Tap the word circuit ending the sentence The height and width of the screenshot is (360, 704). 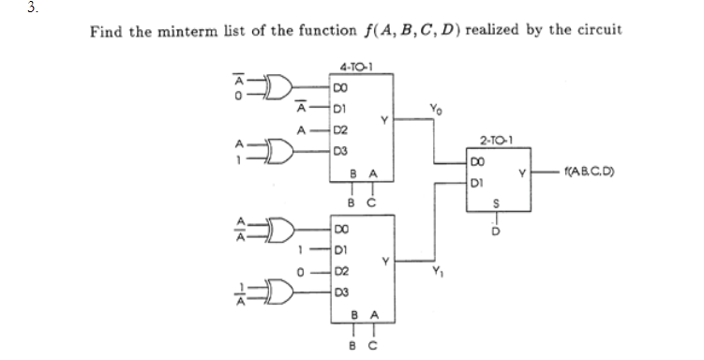coord(598,31)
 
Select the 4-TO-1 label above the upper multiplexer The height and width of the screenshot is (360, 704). coord(355,67)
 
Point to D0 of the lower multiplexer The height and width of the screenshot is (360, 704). coord(342,228)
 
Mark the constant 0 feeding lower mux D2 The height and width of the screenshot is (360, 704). coord(301,271)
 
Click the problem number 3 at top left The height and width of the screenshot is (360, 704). coord(7,7)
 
